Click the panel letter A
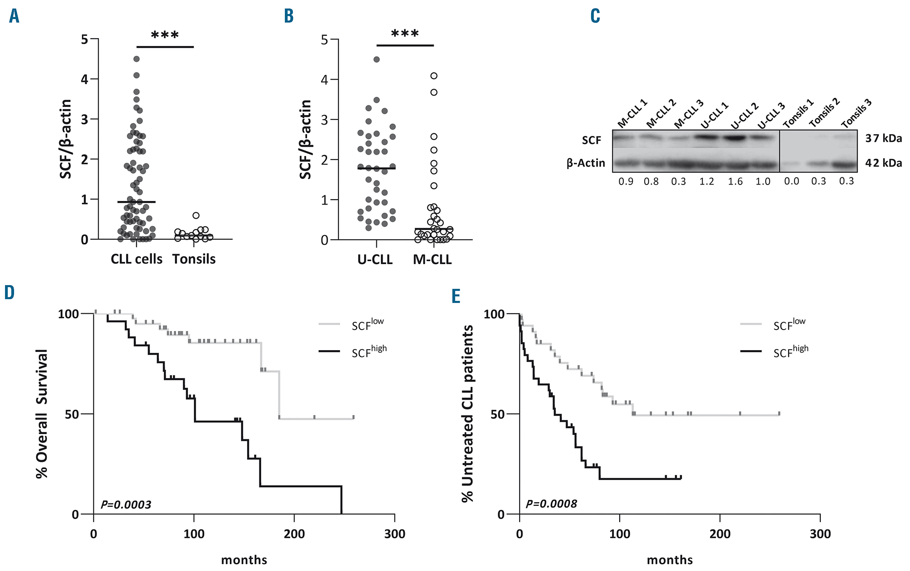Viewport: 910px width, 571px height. (x=14, y=16)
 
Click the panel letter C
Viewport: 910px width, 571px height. (x=595, y=16)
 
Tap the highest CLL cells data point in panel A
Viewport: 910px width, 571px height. (x=136, y=59)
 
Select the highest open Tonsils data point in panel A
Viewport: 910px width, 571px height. (x=196, y=215)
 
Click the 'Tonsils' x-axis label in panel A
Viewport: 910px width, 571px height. (x=194, y=259)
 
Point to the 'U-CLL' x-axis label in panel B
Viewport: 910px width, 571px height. (x=375, y=260)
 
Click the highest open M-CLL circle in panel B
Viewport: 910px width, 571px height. (x=434, y=75)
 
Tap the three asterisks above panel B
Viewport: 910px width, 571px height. (x=405, y=34)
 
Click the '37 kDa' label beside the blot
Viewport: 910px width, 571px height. (x=884, y=138)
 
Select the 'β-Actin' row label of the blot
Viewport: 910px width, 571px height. (x=586, y=163)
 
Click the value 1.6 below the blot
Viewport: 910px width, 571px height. (x=735, y=181)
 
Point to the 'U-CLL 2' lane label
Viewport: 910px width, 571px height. (x=744, y=116)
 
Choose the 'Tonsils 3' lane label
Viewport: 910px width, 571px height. (x=856, y=114)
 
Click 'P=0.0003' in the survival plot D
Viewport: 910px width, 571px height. (x=126, y=505)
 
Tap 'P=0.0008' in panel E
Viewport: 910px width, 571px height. (x=551, y=504)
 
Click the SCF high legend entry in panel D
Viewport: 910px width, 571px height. (x=369, y=351)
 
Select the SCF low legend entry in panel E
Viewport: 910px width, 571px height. (x=789, y=324)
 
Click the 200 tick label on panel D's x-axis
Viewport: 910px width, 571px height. (x=294, y=534)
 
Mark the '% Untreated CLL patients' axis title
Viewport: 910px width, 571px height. (x=468, y=414)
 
